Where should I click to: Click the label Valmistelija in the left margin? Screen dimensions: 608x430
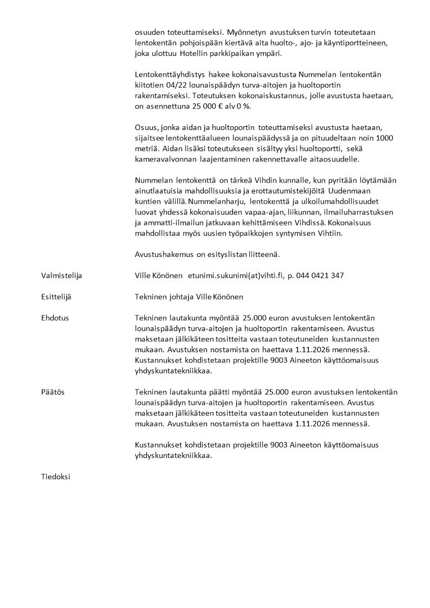pyautogui.click(x=61, y=275)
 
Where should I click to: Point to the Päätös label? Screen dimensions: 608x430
pyautogui.click(x=53, y=392)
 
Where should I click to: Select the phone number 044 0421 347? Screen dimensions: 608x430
pyautogui.click(x=321, y=275)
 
